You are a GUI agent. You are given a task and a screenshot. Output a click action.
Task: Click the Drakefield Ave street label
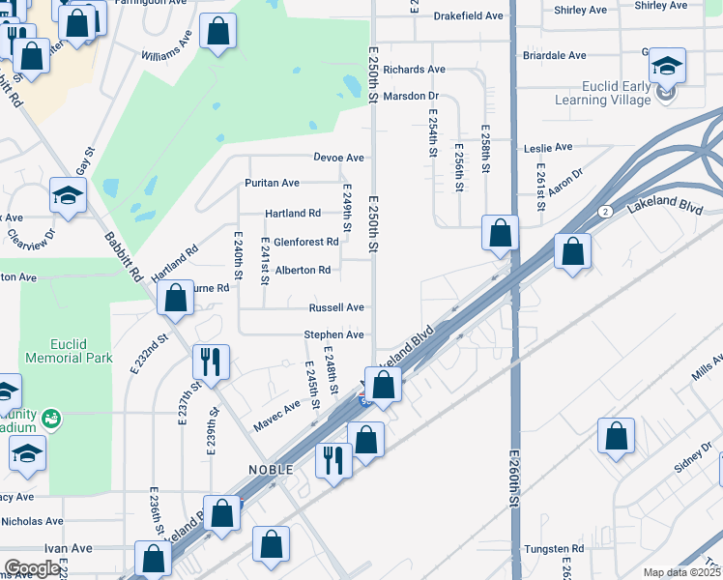(469, 16)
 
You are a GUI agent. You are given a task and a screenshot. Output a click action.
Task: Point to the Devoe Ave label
(338, 158)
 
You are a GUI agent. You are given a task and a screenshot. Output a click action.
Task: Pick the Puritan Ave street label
(272, 183)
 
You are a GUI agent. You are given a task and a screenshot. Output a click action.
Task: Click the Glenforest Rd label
(305, 242)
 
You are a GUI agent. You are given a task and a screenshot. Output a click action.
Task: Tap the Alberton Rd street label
(303, 271)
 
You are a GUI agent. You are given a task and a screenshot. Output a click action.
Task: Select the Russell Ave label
(336, 307)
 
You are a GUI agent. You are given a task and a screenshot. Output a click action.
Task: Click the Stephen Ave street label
(333, 334)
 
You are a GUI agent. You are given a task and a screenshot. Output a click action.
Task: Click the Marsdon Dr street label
(411, 96)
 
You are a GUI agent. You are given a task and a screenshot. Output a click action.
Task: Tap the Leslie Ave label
(548, 148)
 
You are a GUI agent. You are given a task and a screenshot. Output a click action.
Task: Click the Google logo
(32, 568)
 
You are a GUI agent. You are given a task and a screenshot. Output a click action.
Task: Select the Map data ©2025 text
(680, 572)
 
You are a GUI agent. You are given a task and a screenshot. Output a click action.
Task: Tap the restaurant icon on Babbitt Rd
(211, 362)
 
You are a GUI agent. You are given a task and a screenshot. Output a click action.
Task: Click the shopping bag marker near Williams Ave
(217, 31)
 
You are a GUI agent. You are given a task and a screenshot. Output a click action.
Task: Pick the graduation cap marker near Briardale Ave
(667, 66)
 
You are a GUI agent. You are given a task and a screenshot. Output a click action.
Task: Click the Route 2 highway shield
(604, 212)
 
